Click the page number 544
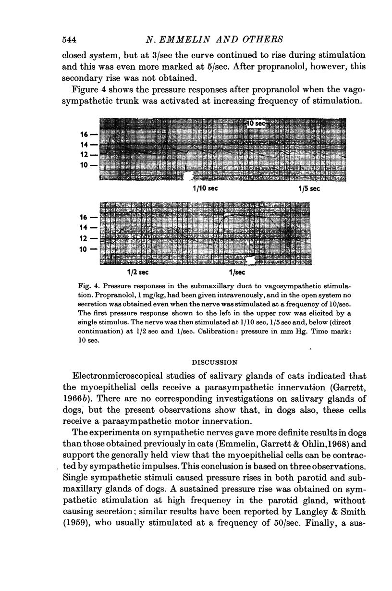(72, 38)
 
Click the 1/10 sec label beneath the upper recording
(205, 189)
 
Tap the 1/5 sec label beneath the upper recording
(308, 189)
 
